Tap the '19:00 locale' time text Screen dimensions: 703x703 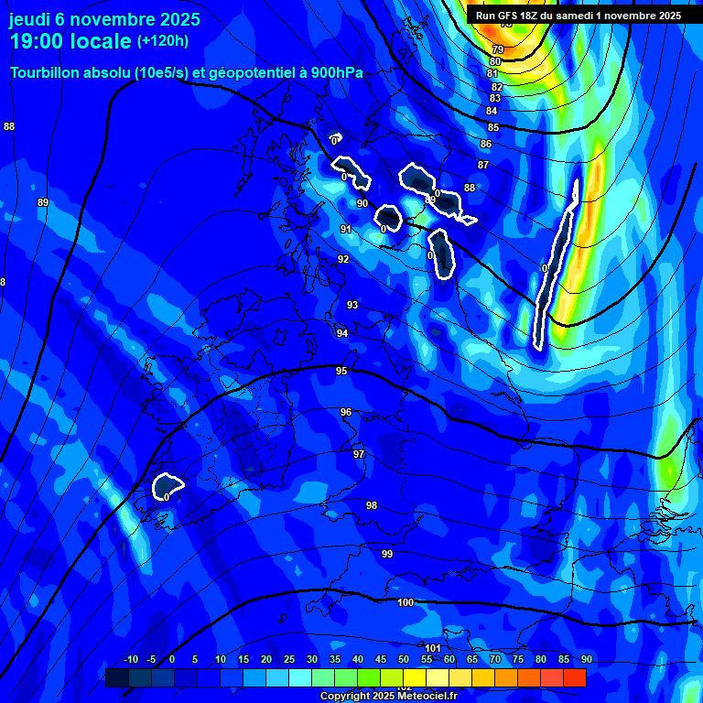(70, 41)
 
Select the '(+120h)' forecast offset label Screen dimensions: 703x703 (162, 41)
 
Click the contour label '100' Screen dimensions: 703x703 (406, 602)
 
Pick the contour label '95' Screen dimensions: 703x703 (341, 371)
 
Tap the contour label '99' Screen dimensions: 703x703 (387, 554)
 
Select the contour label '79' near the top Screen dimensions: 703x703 (498, 49)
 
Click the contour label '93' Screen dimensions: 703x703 (352, 305)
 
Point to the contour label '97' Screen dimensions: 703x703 (359, 454)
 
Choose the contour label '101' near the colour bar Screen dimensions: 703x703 (434, 648)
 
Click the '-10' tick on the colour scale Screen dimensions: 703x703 (130, 659)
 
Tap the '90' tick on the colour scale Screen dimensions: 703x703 (586, 659)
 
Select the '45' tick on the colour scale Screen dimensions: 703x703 (381, 659)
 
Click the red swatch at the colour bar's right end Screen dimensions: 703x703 (575, 677)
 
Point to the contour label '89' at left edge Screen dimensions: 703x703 (43, 202)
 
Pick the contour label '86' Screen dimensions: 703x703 (486, 144)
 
